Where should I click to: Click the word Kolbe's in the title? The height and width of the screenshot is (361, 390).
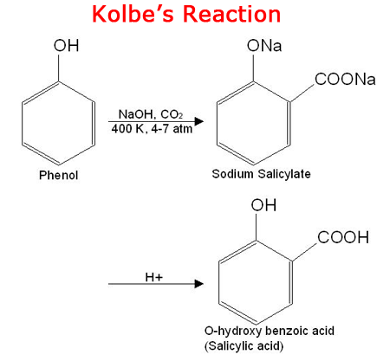[x=133, y=14]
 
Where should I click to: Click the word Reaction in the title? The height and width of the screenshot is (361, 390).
[x=232, y=14]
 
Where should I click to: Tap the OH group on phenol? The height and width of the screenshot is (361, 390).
[x=66, y=46]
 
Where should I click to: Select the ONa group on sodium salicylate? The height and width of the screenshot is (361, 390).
[x=264, y=46]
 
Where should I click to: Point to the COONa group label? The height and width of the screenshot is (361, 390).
[x=345, y=79]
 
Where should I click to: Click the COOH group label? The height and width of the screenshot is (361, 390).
[x=343, y=237]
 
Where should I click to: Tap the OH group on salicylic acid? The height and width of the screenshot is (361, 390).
[x=263, y=205]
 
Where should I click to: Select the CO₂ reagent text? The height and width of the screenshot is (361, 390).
[x=172, y=114]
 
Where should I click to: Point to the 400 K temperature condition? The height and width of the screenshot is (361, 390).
[x=128, y=129]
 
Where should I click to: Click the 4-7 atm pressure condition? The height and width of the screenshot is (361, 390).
[x=172, y=129]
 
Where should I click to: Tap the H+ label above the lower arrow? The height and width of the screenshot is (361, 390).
[x=154, y=277]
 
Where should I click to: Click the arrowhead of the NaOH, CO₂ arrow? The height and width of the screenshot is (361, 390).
[x=198, y=121]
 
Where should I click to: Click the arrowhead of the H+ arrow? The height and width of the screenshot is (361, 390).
[x=198, y=284]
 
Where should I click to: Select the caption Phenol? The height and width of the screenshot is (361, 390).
[x=59, y=175]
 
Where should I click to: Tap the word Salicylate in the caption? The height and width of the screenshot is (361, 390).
[x=284, y=174]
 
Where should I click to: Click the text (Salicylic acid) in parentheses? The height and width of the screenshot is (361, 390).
[x=244, y=345]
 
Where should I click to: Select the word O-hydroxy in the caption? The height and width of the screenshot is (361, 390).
[x=233, y=332]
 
